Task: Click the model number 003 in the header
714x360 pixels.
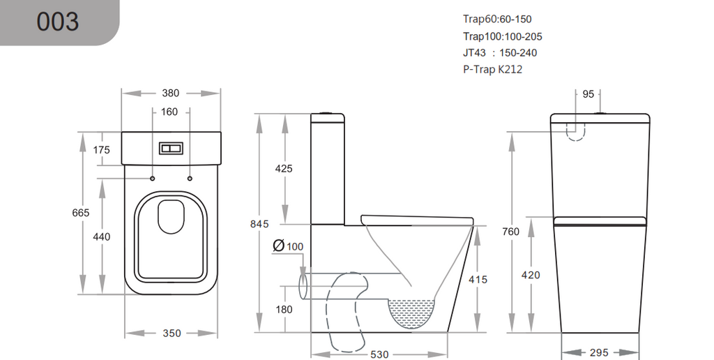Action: [58, 22]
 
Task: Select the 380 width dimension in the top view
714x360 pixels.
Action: [171, 93]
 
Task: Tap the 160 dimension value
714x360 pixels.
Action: [169, 112]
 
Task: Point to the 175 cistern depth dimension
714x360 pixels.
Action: [102, 150]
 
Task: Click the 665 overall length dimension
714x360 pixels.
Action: [82, 213]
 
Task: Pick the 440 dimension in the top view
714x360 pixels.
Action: [102, 237]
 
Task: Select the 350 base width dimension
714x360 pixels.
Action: [172, 333]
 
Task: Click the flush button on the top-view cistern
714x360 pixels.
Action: [171, 149]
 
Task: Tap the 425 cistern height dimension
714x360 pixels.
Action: [284, 168]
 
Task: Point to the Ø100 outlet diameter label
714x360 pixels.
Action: [288, 246]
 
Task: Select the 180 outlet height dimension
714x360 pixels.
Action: [284, 309]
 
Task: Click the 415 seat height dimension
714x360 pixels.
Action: [478, 279]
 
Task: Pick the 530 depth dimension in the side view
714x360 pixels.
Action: [379, 354]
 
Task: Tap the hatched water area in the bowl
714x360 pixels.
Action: [411, 312]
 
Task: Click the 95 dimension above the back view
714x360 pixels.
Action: [588, 94]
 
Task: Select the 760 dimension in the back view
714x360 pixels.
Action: [512, 232]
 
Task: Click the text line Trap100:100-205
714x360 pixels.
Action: [502, 36]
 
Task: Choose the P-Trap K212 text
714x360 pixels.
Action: [492, 69]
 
